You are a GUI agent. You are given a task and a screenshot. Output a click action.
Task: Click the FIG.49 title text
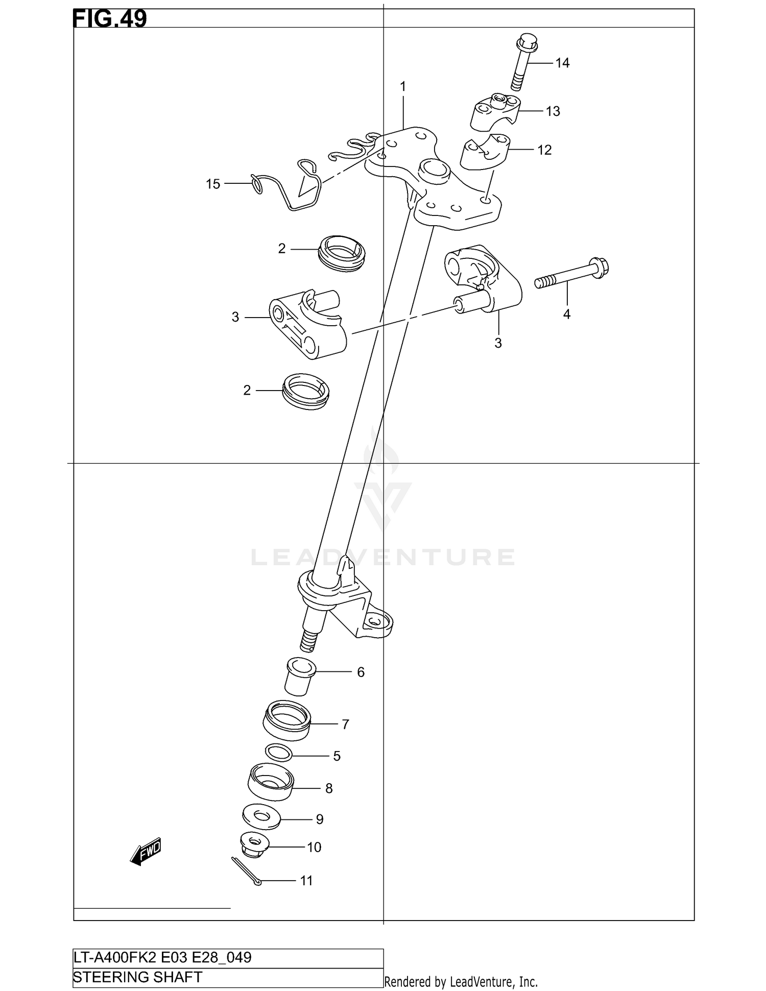tap(110, 18)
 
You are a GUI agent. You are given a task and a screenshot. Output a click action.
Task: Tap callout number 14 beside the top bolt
tap(562, 63)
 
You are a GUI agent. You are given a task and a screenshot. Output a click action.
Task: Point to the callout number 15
tap(213, 184)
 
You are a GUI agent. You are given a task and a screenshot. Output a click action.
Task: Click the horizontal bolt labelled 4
tap(572, 274)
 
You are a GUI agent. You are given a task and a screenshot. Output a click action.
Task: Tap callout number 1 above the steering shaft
tap(403, 87)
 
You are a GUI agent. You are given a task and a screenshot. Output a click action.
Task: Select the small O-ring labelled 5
tap(279, 752)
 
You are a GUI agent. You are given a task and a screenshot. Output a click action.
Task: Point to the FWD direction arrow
tap(146, 851)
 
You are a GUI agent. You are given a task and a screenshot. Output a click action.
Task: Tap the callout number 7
tap(345, 724)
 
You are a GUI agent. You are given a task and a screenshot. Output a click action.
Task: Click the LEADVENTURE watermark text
tap(383, 557)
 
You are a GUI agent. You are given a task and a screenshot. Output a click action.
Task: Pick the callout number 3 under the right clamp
tap(498, 343)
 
